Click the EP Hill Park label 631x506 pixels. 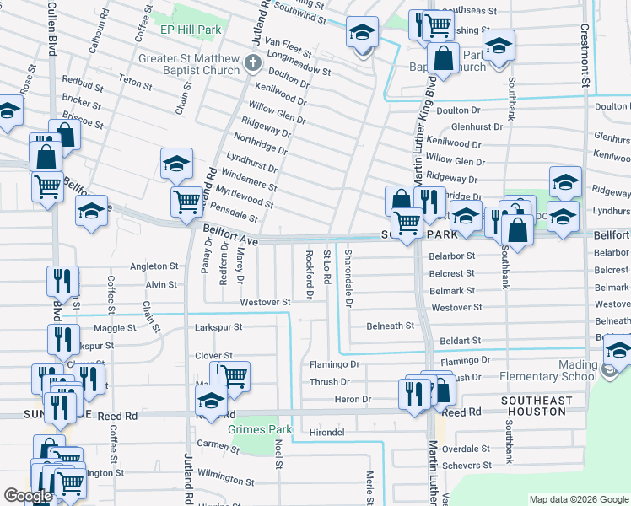click(x=191, y=30)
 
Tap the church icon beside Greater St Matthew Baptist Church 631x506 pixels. click(x=251, y=64)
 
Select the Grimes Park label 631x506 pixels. click(x=260, y=429)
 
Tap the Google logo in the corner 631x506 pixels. click(x=28, y=496)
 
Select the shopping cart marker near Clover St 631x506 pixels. click(x=235, y=375)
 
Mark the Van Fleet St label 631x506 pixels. click(x=289, y=42)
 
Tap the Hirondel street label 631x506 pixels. click(x=327, y=432)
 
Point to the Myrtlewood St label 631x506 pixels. click(x=245, y=198)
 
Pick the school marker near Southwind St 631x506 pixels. click(x=363, y=34)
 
